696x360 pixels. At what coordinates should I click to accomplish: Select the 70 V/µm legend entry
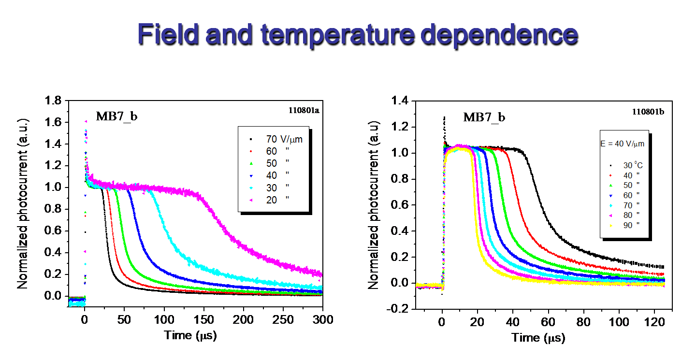tap(284, 139)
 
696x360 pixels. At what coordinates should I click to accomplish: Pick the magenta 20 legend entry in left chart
tap(271, 200)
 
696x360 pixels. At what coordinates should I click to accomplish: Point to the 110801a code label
tap(301, 111)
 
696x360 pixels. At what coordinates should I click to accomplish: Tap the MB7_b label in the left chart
tap(116, 116)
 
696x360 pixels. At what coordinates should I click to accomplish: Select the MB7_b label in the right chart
tap(484, 117)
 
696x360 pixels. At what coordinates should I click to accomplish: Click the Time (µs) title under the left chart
tap(190, 334)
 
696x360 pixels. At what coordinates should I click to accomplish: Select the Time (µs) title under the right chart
tap(538, 337)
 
